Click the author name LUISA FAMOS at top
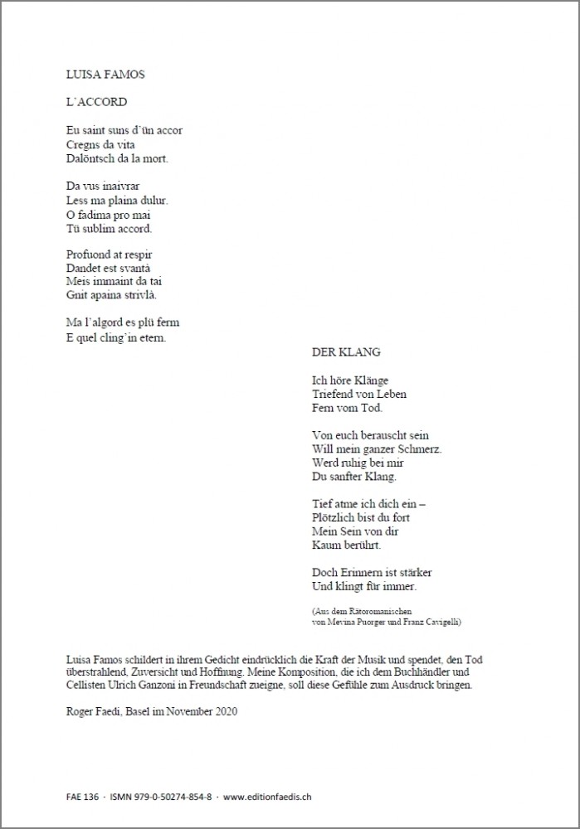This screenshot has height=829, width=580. tap(105, 75)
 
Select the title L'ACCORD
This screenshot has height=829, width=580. tap(95, 103)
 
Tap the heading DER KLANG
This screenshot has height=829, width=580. tap(346, 351)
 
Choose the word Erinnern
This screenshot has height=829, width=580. tap(365, 572)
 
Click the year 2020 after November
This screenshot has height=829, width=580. tap(223, 711)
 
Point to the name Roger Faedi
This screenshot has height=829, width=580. tap(95, 711)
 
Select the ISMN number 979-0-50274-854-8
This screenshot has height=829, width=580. tap(167, 797)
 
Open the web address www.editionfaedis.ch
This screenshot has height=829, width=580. tap(268, 797)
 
